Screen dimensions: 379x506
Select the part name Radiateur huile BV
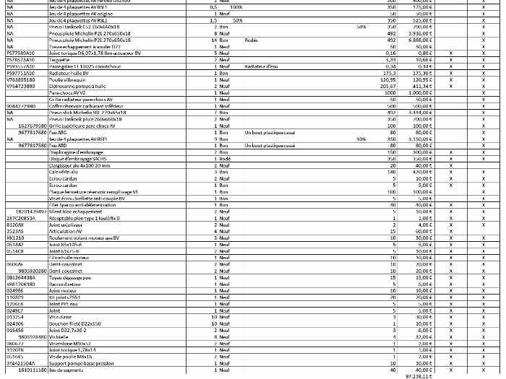tap(69, 73)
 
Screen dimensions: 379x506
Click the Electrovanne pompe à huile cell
tap(74, 86)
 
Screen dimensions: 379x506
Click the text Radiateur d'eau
tap(262, 66)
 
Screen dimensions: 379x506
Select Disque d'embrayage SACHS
tap(77, 158)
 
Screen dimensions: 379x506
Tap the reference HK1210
tap(15, 238)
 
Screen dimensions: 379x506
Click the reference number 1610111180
tap(32, 370)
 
